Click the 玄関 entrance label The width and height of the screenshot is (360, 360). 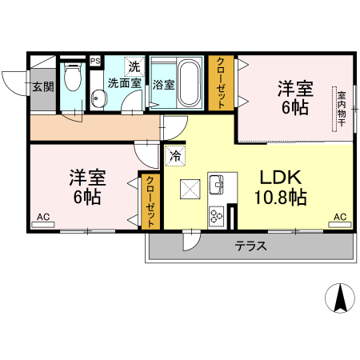(43, 86)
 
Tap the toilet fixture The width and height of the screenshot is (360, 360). (73, 78)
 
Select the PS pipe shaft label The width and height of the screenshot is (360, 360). (95, 61)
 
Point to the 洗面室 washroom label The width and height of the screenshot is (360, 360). (126, 82)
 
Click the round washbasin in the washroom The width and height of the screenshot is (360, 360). (99, 99)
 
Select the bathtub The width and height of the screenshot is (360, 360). (188, 82)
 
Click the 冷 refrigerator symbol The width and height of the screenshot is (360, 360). (174, 155)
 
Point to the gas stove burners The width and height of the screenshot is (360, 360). (217, 214)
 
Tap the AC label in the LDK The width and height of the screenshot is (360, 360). (340, 217)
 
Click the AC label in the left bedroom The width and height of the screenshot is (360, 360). (43, 217)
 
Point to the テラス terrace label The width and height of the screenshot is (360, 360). (250, 246)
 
